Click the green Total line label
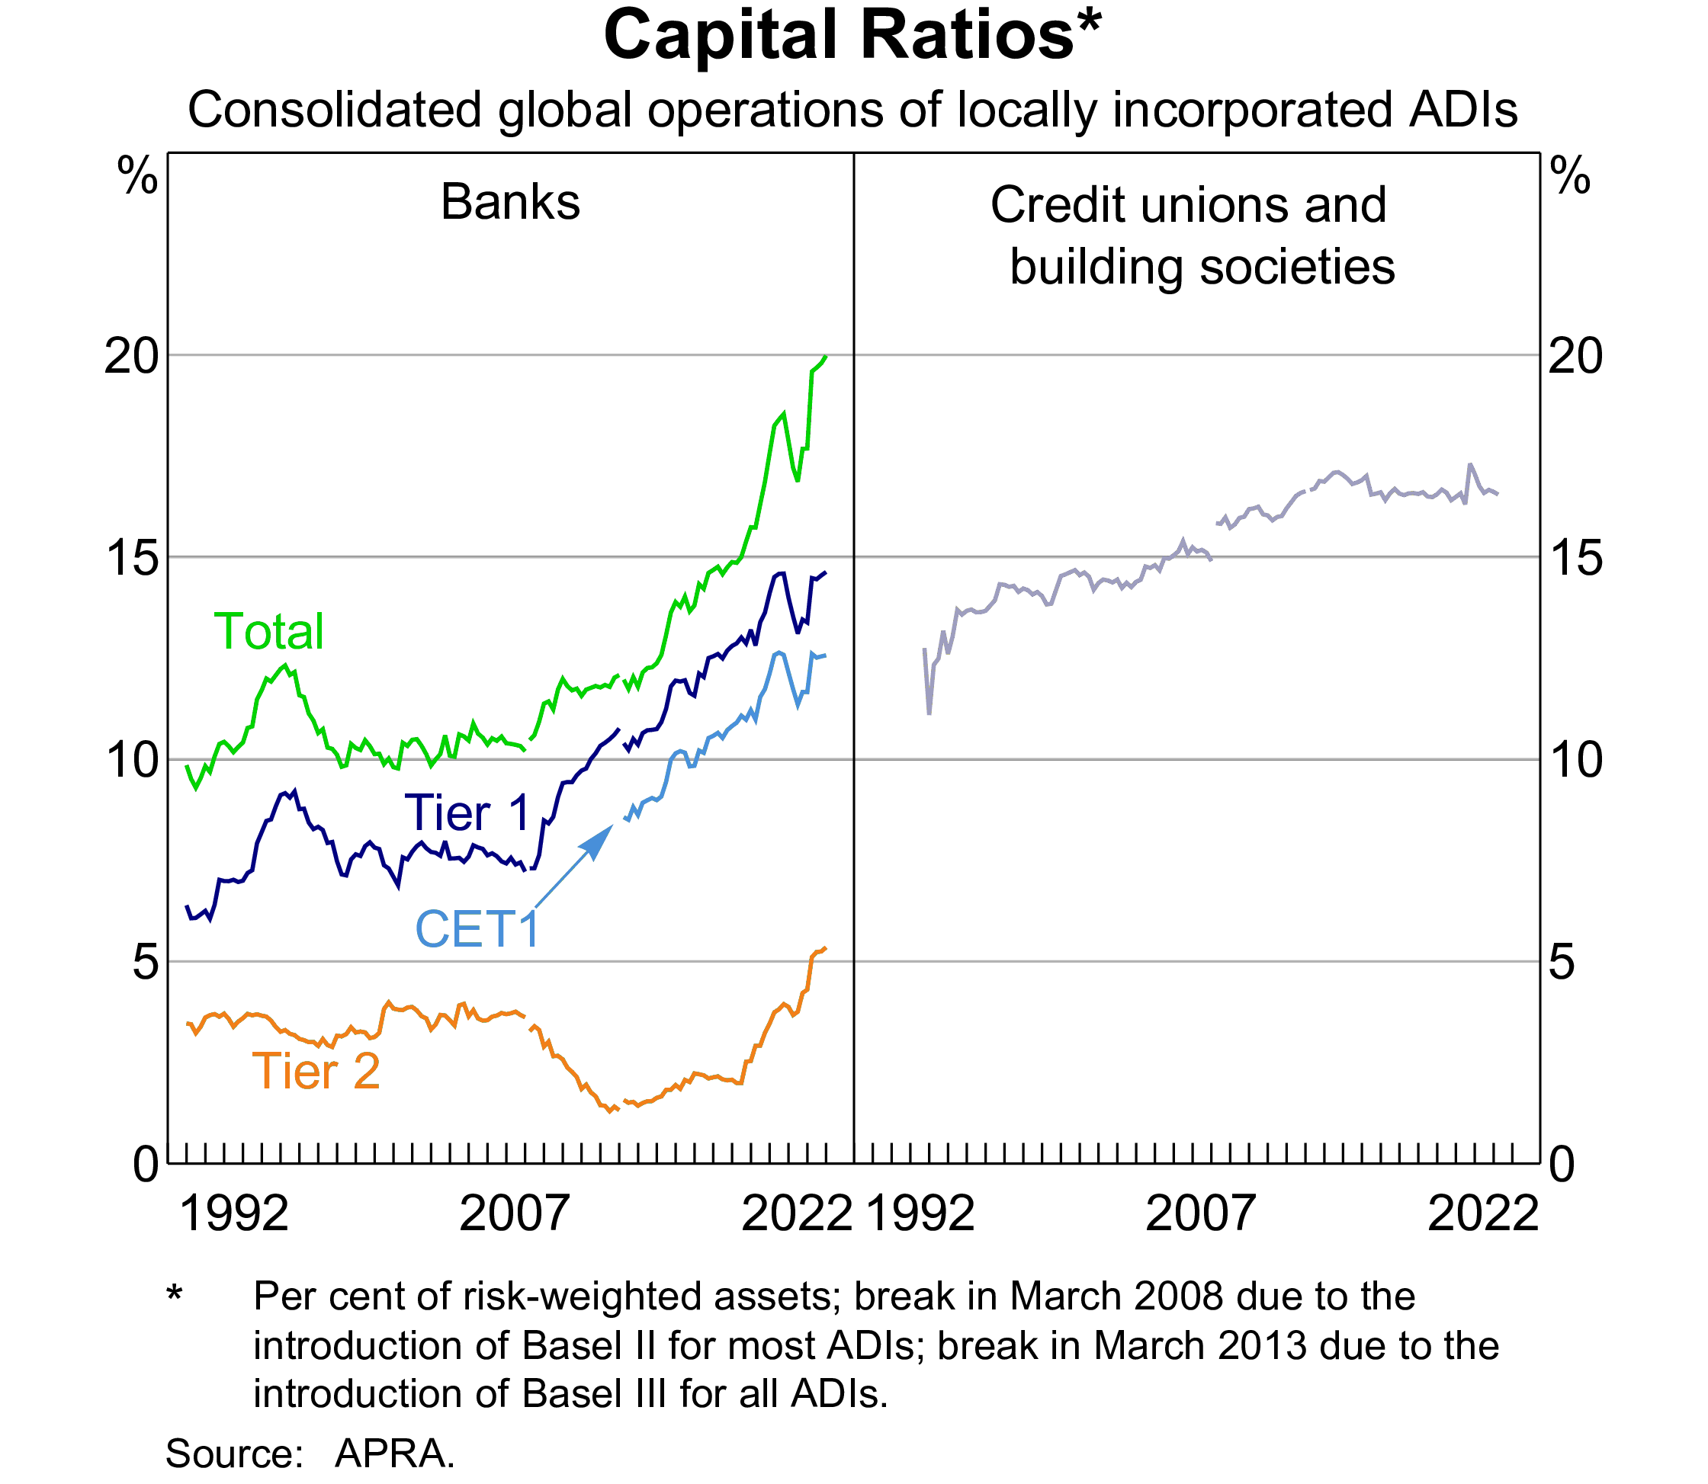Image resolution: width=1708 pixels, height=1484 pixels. coord(268,632)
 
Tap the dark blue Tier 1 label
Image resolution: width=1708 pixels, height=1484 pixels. coord(467,813)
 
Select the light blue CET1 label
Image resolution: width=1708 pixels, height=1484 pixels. coord(477,929)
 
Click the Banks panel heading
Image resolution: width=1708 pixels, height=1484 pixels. coord(510,202)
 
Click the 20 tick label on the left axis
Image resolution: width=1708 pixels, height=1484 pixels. coord(131,357)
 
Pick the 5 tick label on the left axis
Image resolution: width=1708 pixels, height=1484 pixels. coord(145,963)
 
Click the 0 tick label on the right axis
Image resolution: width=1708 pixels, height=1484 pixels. coord(1562,1165)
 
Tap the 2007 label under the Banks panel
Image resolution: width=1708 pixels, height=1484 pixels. coord(514,1214)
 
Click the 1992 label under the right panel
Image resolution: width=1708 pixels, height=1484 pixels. coord(920,1214)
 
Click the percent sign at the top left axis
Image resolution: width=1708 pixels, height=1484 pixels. coord(137,176)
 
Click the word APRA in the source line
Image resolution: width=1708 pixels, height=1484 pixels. coord(394,1454)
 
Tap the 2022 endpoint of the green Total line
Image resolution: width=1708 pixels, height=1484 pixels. coord(826,357)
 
